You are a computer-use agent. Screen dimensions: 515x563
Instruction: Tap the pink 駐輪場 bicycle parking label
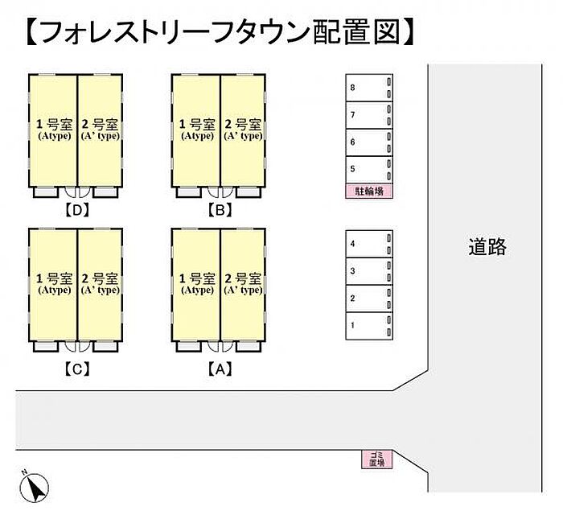(x=368, y=192)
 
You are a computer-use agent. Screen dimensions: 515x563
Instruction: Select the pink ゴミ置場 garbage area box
(x=376, y=459)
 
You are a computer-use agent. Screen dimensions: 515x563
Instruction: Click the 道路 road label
(x=487, y=246)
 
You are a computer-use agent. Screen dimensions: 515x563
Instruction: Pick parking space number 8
(x=368, y=88)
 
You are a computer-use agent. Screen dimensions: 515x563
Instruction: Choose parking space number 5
(x=368, y=170)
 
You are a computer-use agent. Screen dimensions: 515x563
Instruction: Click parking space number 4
(x=368, y=243)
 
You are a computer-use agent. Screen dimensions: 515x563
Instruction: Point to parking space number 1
(x=368, y=325)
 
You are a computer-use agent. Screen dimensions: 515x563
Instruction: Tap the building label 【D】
(x=76, y=212)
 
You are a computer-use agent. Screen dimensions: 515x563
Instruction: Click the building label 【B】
(x=219, y=212)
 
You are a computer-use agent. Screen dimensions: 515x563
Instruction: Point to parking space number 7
(x=368, y=115)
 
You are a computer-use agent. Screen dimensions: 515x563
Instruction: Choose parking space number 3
(x=368, y=270)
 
